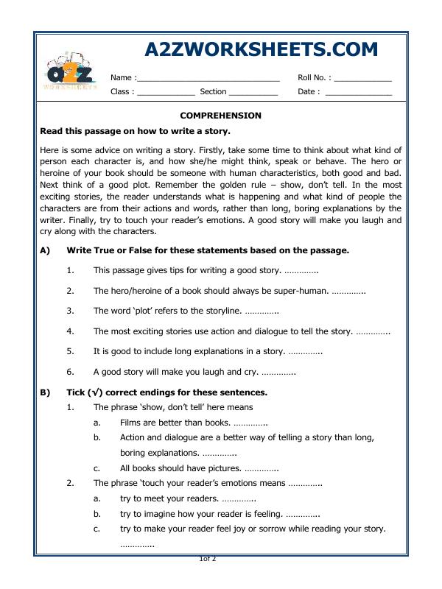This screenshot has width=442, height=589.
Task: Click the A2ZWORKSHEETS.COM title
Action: pyautogui.click(x=262, y=49)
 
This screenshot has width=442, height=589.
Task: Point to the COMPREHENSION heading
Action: pyautogui.click(x=221, y=116)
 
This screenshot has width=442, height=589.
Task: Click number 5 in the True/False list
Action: pyautogui.click(x=70, y=351)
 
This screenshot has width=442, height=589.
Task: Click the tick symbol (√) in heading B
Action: pyautogui.click(x=94, y=392)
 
